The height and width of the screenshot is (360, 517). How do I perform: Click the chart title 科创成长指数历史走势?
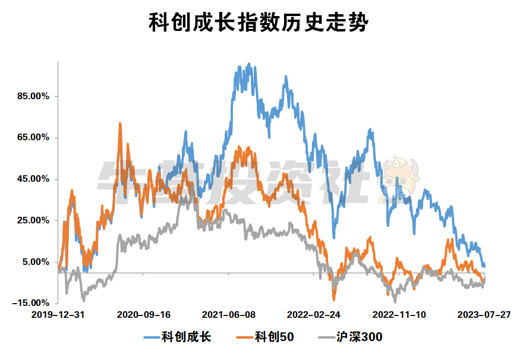(x=258, y=24)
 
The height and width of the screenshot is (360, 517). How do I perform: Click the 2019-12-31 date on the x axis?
(x=58, y=314)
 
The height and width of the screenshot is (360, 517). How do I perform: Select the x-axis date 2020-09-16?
(x=144, y=314)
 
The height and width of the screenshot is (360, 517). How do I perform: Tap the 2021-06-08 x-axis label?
(x=229, y=314)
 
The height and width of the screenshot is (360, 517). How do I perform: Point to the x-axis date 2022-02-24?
(x=314, y=314)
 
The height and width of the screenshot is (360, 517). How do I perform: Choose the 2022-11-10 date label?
(x=399, y=314)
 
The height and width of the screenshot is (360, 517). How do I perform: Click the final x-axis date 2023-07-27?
(x=485, y=314)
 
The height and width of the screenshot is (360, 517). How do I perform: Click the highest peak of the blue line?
(x=248, y=64)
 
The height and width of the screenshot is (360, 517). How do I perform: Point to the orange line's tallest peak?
(x=120, y=124)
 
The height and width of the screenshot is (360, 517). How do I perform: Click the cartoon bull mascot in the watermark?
(x=396, y=178)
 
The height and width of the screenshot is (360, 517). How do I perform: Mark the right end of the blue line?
(x=485, y=266)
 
